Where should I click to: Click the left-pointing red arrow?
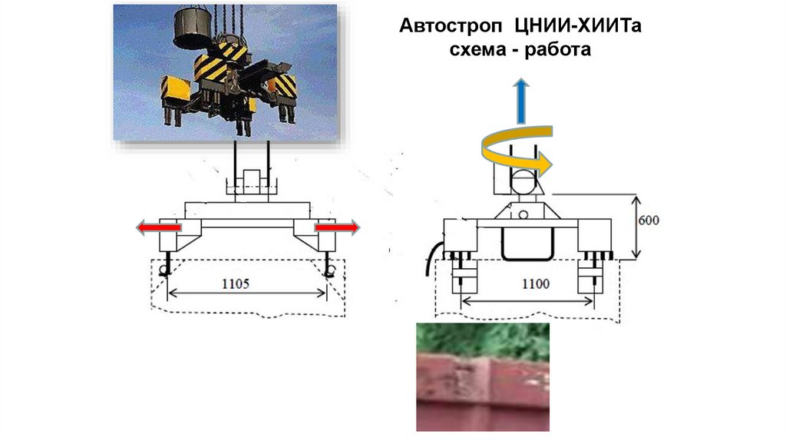(157, 228)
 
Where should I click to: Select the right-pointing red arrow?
(336, 228)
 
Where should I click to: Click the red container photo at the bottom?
(483, 376)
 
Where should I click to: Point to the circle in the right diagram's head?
(523, 184)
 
